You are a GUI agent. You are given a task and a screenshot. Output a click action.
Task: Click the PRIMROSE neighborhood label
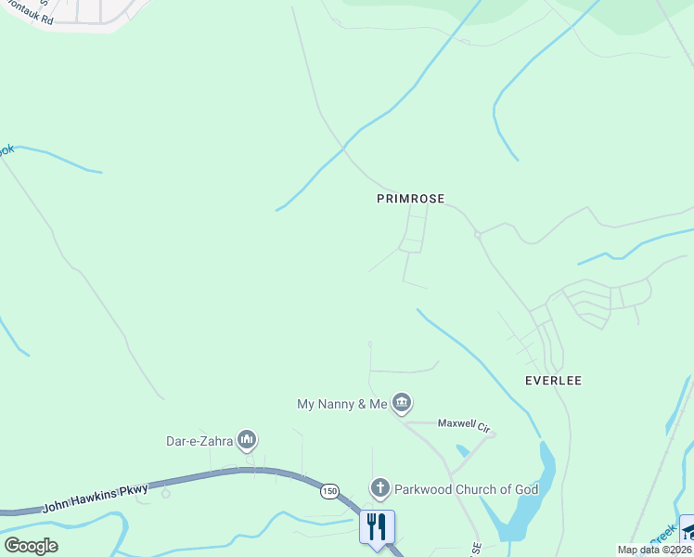click(410, 199)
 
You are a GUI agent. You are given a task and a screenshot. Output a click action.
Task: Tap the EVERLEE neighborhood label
click(553, 381)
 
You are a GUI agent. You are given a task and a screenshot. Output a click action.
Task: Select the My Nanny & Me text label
click(342, 404)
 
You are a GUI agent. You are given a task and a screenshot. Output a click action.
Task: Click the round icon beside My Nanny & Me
click(402, 403)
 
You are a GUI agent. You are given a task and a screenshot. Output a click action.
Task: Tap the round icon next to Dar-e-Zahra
click(246, 438)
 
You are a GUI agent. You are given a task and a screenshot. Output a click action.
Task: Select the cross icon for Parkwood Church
click(379, 487)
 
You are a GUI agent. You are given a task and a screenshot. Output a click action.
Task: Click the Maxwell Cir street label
click(464, 426)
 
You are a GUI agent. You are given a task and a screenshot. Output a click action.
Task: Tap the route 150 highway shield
click(330, 490)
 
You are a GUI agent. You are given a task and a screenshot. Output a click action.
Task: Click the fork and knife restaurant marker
click(377, 526)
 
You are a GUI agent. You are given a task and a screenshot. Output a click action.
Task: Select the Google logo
click(31, 546)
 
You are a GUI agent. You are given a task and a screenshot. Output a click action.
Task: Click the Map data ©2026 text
click(654, 550)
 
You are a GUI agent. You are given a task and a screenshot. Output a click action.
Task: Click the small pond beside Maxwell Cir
click(463, 451)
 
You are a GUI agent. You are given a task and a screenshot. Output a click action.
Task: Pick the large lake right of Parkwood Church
click(526, 501)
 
